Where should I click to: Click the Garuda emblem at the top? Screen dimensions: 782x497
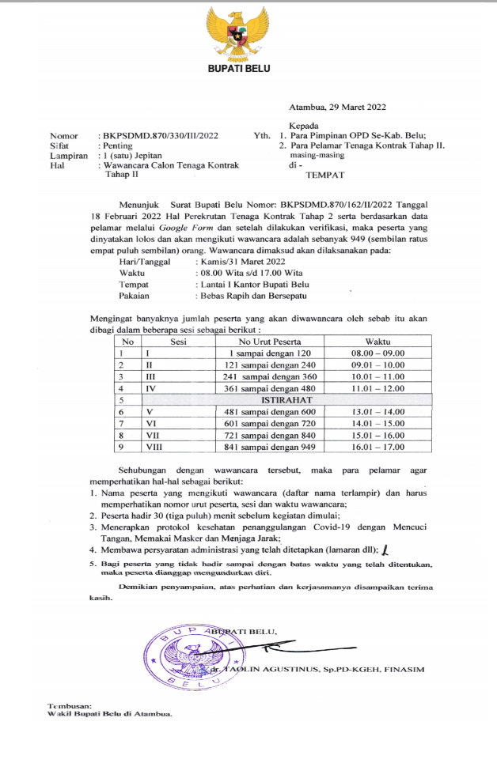point(238,32)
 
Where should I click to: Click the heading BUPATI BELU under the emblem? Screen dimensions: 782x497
point(238,69)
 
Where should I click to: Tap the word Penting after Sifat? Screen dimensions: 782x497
point(116,145)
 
